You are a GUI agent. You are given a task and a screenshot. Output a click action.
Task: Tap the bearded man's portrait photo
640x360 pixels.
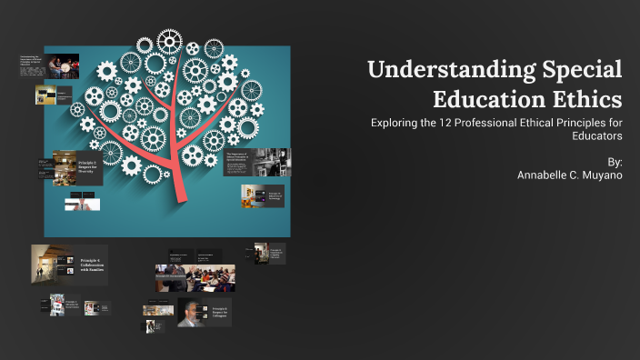193,313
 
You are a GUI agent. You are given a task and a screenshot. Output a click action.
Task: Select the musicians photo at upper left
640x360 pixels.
61,65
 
